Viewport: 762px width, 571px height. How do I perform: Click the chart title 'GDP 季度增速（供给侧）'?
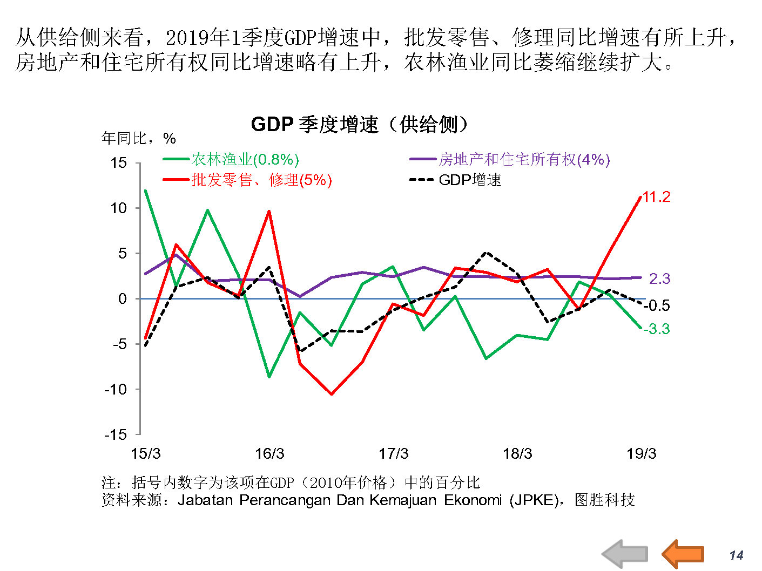pyautogui.click(x=359, y=125)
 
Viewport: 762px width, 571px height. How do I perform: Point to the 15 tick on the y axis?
pyautogui.click(x=119, y=163)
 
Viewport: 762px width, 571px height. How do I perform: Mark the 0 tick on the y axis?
pyautogui.click(x=123, y=298)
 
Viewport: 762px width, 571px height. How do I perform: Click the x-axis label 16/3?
pyautogui.click(x=269, y=453)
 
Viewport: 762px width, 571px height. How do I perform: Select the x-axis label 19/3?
pyautogui.click(x=641, y=453)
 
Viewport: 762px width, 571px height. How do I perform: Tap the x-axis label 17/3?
pyautogui.click(x=393, y=453)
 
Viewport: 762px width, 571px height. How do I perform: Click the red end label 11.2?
pyautogui.click(x=656, y=197)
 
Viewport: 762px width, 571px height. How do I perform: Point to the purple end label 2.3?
pyautogui.click(x=659, y=278)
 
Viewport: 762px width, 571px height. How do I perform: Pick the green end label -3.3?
pyautogui.click(x=656, y=329)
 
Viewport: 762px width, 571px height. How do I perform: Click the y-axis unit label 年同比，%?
pyautogui.click(x=139, y=139)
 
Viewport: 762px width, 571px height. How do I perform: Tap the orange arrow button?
pyautogui.click(x=683, y=553)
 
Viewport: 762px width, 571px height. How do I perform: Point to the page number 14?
pyautogui.click(x=736, y=555)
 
